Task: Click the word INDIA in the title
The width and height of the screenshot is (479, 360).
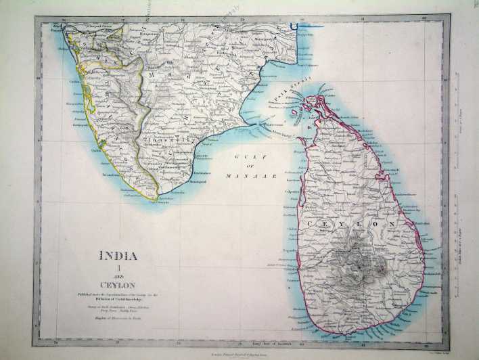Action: [118, 256]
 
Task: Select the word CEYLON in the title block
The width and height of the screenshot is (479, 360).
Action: [118, 283]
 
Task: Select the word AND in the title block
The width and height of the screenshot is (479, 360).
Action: [118, 275]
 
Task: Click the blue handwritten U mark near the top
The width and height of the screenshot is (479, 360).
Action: [293, 26]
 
